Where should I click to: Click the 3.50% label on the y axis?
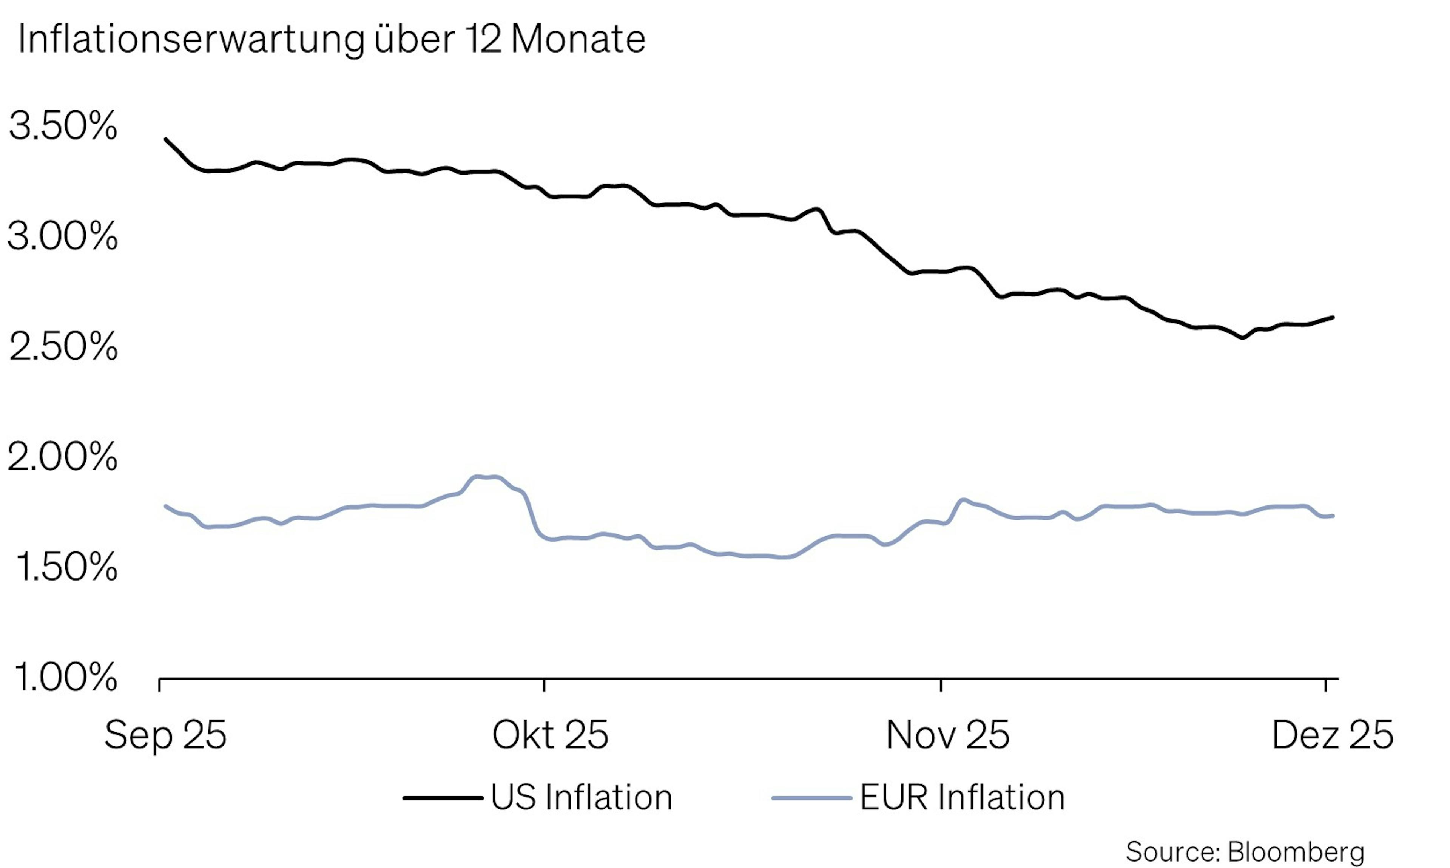(63, 126)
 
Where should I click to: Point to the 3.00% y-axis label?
(63, 237)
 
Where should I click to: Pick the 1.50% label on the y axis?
(65, 567)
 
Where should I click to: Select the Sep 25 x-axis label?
(165, 735)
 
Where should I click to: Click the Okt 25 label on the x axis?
(550, 735)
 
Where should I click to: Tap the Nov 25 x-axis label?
(948, 735)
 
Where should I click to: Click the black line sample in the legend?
(443, 798)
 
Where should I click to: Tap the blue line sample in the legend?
(811, 798)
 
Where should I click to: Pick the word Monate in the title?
(578, 40)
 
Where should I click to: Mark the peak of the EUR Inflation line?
(485, 477)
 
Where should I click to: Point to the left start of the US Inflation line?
(165, 139)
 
